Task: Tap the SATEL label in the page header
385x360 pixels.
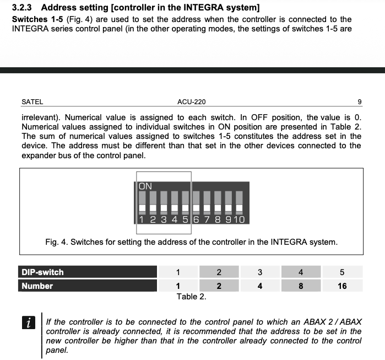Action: click(32, 101)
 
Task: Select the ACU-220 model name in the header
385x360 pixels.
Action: click(192, 101)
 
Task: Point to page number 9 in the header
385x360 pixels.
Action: click(359, 101)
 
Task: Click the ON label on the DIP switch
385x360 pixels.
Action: click(145, 186)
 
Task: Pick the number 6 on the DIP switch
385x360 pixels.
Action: click(196, 219)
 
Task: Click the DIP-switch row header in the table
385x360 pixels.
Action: click(42, 272)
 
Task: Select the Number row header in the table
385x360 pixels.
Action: click(37, 286)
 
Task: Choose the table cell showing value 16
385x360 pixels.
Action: click(342, 286)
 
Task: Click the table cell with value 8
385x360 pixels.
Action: click(301, 286)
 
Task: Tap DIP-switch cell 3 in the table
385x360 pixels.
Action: click(260, 272)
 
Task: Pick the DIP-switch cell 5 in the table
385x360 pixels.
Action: click(342, 272)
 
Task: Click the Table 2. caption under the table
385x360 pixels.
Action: click(191, 297)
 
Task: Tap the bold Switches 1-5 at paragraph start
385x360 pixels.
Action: click(34, 19)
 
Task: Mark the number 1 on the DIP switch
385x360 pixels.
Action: click(142, 219)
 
